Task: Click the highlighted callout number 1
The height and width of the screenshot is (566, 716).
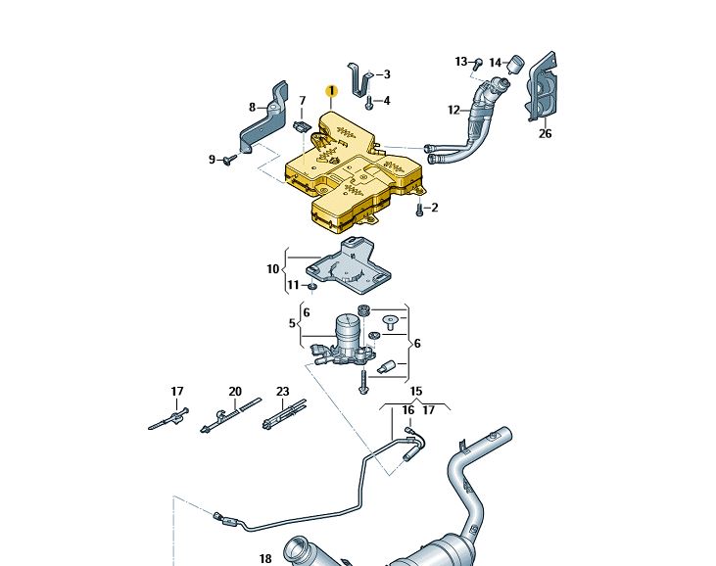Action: [x=331, y=91]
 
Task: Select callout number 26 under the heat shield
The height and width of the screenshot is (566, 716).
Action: [x=545, y=134]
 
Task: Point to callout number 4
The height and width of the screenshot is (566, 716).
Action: [x=386, y=100]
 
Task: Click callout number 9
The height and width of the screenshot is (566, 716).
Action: [x=211, y=159]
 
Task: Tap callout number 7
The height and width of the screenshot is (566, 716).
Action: [x=303, y=100]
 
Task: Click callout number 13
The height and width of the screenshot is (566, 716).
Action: [x=460, y=62]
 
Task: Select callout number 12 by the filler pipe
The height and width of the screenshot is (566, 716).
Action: [x=454, y=110]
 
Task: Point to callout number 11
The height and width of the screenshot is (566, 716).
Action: [x=293, y=285]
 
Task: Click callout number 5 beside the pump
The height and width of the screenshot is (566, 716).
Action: [x=292, y=322]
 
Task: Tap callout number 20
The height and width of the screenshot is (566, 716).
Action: [x=235, y=392]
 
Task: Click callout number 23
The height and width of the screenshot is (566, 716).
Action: [x=283, y=392]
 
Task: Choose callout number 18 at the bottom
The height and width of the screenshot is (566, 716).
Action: [x=265, y=559]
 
